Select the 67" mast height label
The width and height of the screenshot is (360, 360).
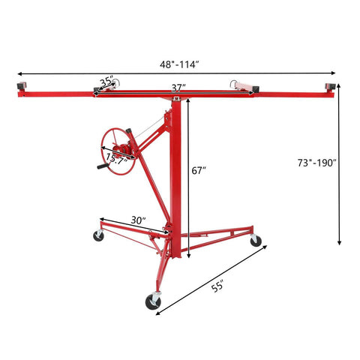click(x=199, y=171)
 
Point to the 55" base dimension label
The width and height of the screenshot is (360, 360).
click(x=218, y=286)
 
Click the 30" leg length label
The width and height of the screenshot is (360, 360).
click(x=137, y=220)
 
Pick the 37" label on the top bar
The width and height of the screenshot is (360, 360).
click(x=178, y=88)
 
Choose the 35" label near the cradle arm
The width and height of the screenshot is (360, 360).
click(x=106, y=80)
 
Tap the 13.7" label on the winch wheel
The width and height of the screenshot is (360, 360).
click(x=116, y=158)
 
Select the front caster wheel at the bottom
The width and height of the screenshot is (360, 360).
click(x=153, y=302)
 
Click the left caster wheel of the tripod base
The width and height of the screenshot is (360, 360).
click(x=98, y=236)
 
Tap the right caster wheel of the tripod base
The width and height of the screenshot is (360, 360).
click(x=255, y=241)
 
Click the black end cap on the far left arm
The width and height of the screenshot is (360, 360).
click(x=21, y=88)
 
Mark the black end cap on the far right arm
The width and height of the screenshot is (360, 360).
click(x=330, y=88)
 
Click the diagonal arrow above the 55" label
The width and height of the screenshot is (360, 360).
click(x=210, y=277)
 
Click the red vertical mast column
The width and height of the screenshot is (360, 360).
click(x=176, y=180)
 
